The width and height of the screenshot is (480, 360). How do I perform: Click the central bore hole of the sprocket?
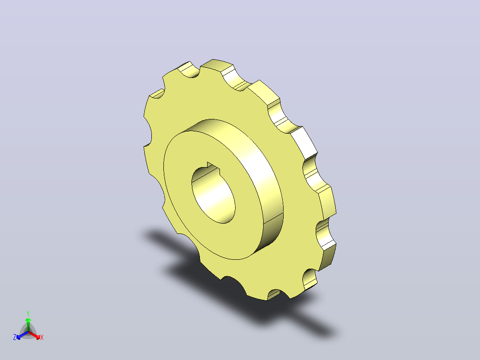[214, 195]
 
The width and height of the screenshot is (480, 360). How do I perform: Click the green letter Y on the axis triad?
[28, 313]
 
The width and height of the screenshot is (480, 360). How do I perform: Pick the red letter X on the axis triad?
[42, 337]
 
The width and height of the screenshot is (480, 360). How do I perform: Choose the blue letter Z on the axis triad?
[15, 337]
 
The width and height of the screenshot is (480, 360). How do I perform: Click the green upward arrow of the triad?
[28, 324]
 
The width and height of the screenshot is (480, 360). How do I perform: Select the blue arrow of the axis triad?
[22, 335]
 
